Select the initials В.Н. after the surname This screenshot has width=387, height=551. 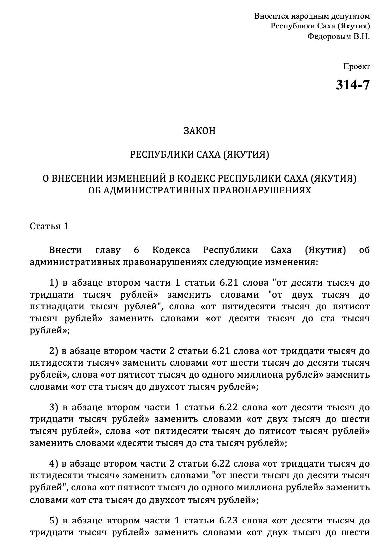(361, 36)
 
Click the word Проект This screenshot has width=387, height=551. (356, 66)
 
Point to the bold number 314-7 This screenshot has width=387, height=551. (352, 85)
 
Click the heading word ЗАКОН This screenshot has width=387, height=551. (200, 131)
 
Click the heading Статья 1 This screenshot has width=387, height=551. (49, 226)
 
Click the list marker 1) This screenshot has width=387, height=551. (54, 283)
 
